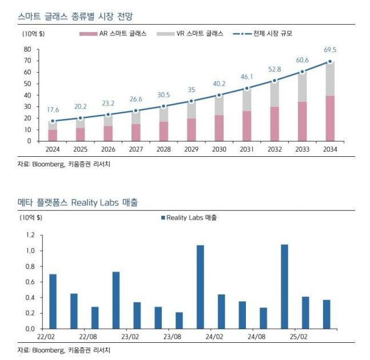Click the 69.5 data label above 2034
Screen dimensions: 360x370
pos(330,51)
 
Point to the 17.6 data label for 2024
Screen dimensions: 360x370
pos(53,110)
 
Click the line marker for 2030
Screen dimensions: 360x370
pos(219,95)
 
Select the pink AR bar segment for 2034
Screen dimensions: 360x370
pos(330,118)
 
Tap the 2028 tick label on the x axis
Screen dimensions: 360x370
pos(164,150)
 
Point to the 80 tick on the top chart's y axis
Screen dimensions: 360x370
pos(27,49)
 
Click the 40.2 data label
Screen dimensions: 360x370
pos(219,84)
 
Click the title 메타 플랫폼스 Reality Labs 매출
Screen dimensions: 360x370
pos(77,203)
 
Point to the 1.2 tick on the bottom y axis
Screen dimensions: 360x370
pos(30,235)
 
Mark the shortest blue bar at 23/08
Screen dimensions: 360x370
pos(179,321)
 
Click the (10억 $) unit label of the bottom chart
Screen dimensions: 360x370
pos(31,217)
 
